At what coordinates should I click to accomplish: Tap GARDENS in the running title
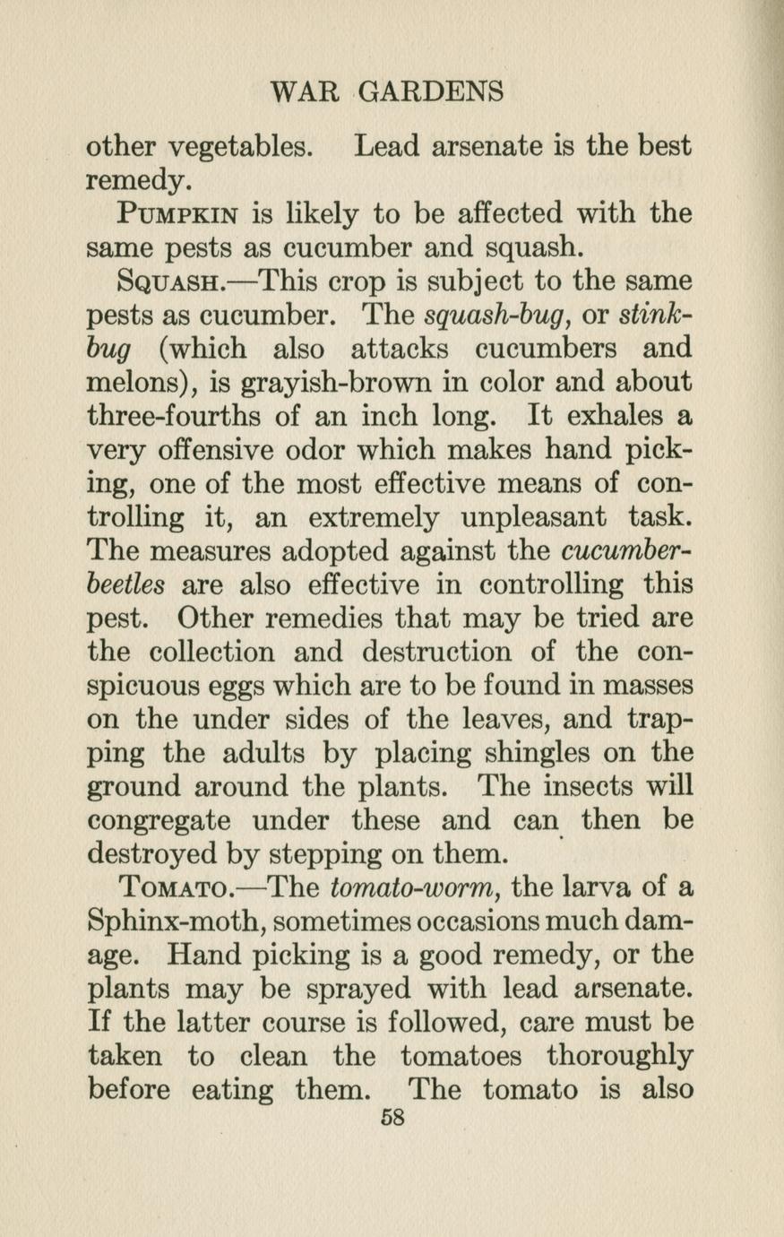pyautogui.click(x=432, y=91)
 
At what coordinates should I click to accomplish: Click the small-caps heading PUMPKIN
pyautogui.click(x=177, y=215)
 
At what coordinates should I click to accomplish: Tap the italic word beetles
pyautogui.click(x=126, y=584)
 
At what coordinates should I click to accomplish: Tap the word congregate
pyautogui.click(x=159, y=820)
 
